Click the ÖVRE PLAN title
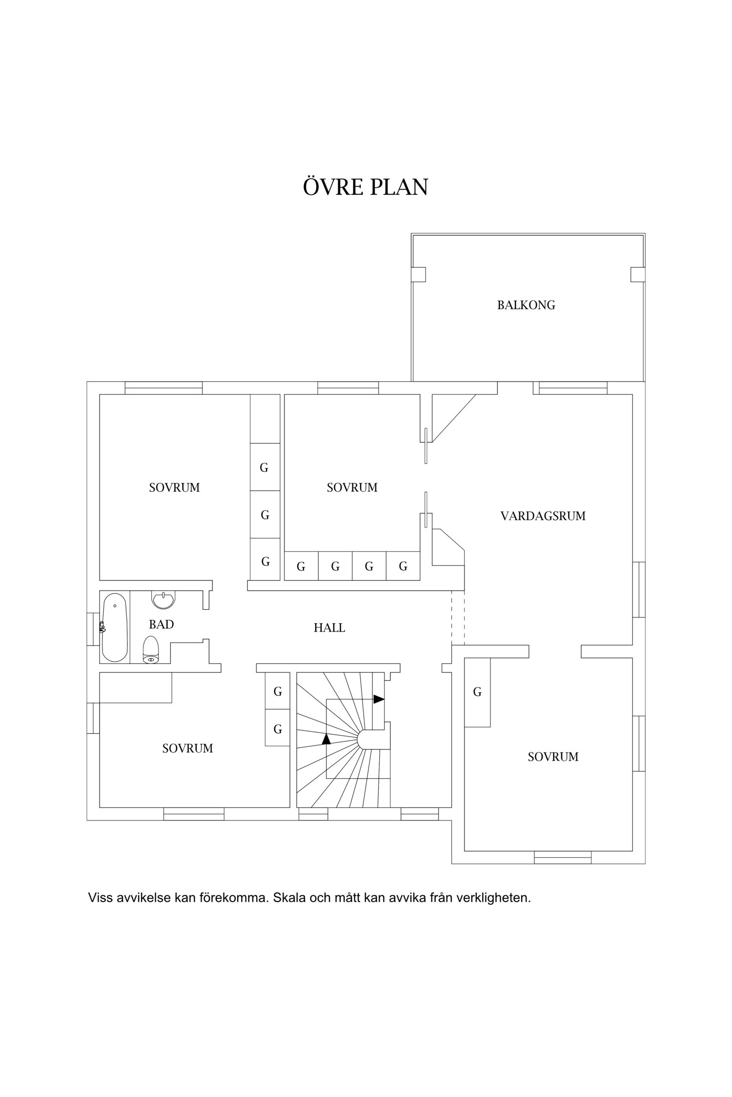point(366,186)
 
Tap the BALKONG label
point(526,305)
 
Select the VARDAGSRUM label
point(543,516)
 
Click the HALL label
point(329,628)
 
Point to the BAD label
point(161,625)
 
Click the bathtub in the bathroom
point(115,627)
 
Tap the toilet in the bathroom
point(151,650)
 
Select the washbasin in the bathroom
point(163,600)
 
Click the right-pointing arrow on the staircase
point(379,699)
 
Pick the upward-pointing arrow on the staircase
point(326,739)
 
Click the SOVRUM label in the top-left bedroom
point(174,488)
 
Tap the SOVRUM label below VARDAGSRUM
point(553,757)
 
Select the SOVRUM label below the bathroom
point(187,748)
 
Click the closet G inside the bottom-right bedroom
point(477,691)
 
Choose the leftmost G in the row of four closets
point(301,567)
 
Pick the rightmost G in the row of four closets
point(403,567)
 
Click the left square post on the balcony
point(419,274)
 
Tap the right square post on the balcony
point(638,274)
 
